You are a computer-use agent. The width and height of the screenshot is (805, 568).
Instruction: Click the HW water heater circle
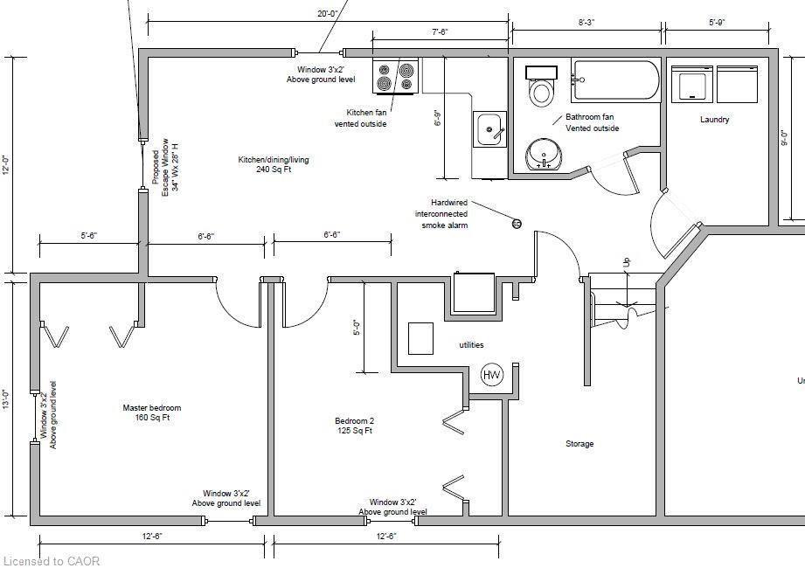point(492,375)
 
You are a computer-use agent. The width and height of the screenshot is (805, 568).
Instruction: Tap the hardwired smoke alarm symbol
point(517,224)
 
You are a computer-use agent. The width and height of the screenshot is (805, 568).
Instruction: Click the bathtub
point(616,80)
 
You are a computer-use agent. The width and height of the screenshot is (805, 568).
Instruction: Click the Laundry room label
point(714,120)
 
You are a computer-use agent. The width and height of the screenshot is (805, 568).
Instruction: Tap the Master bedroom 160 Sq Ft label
point(151,412)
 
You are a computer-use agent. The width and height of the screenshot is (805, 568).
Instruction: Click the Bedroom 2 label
point(355,425)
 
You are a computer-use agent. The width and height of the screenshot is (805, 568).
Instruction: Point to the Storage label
point(579,444)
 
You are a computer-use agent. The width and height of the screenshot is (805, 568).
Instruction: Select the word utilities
point(471,345)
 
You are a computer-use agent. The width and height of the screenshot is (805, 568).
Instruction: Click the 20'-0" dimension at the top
point(327,13)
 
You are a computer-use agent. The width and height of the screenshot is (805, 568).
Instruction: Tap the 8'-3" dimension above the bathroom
point(586,23)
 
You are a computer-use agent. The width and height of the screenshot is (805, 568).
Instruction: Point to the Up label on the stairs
point(625,262)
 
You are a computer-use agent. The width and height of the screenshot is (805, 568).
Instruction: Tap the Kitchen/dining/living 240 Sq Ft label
point(273,164)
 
